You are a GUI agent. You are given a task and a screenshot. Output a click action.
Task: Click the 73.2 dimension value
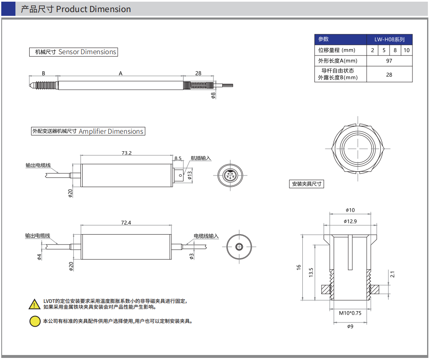[x=126, y=153]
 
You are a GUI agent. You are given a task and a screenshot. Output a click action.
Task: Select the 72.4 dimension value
[x=126, y=223]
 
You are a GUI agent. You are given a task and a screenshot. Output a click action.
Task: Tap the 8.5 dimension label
[x=178, y=158]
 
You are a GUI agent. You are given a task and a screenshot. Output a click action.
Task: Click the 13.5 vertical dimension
[x=311, y=272]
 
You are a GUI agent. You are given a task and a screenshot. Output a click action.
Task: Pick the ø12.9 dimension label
[x=350, y=221]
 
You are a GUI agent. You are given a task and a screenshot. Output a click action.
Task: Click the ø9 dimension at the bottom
[x=350, y=326]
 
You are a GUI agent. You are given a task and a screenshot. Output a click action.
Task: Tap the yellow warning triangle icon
[x=35, y=304]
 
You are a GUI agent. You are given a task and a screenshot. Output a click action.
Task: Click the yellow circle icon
[x=35, y=321]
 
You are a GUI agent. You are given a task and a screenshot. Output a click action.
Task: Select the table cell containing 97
[x=389, y=61]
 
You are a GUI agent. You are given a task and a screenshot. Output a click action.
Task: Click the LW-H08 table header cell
[x=389, y=40]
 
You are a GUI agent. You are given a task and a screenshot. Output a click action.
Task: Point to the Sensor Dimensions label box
[x=73, y=52]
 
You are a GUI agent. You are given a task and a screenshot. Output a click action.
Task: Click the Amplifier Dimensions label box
[x=88, y=131]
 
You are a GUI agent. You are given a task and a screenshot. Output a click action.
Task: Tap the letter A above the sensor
[x=121, y=73]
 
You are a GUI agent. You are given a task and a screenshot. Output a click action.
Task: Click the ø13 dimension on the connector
[x=190, y=175]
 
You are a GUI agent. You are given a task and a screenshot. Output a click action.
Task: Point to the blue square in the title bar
[x=8, y=9]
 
